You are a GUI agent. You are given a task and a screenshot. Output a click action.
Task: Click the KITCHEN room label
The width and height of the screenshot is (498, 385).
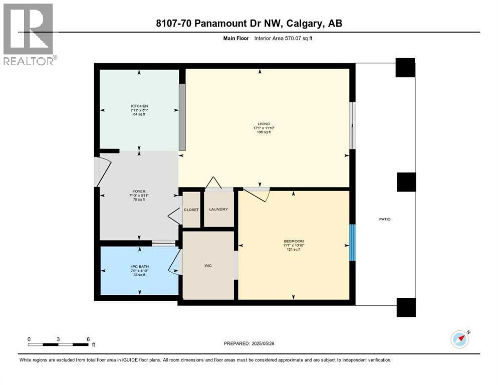(139, 106)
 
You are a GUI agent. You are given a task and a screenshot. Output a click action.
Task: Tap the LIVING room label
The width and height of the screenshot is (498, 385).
(264, 124)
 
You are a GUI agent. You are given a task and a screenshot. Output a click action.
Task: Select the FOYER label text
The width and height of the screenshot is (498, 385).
(139, 190)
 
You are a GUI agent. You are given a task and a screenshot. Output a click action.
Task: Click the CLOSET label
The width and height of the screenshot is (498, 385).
(191, 210)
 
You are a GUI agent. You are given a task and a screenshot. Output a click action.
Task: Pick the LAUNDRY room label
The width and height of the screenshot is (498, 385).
(219, 209)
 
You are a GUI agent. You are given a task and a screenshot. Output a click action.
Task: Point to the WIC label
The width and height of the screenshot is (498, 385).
(208, 265)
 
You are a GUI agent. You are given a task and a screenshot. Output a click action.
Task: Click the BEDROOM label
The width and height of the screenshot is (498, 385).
(294, 241)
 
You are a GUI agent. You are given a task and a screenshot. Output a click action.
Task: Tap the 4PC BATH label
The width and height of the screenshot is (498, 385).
(139, 267)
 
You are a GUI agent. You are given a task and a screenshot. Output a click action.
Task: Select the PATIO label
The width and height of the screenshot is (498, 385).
(385, 219)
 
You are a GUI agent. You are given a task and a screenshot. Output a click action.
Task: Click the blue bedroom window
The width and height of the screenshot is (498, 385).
(352, 242)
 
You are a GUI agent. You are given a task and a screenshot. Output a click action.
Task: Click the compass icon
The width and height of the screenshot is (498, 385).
(460, 339)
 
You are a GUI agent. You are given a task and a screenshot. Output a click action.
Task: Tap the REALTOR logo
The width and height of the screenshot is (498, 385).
(29, 34)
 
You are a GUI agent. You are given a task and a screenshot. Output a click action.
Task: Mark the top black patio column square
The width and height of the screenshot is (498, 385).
(405, 68)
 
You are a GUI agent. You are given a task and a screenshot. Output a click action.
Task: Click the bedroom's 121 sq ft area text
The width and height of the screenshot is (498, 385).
(294, 249)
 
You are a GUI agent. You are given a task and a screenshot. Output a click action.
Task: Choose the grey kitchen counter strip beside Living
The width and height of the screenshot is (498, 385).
(182, 116)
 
